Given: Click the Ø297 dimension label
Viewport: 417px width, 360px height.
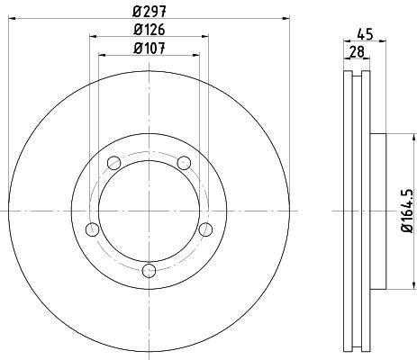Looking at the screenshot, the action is pyautogui.click(x=150, y=12).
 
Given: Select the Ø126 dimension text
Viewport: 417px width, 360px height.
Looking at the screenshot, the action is pyautogui.click(x=150, y=30).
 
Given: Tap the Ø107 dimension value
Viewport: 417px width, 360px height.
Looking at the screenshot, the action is pyautogui.click(x=150, y=49).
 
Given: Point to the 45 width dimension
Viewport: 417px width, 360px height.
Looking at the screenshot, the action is pyautogui.click(x=365, y=34).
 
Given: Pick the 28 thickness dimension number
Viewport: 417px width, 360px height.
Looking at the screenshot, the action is pyautogui.click(x=357, y=52).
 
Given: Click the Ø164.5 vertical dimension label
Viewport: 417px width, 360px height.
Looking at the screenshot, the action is pyautogui.click(x=408, y=211).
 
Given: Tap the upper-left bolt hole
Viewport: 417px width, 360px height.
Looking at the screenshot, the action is pyautogui.click(x=114, y=163).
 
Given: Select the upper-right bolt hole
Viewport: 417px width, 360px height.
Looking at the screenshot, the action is pyautogui.click(x=184, y=163).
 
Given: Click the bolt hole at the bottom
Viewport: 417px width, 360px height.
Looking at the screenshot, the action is pyautogui.click(x=149, y=271).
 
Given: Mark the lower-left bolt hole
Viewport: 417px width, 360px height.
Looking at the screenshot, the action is pyautogui.click(x=93, y=229).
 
